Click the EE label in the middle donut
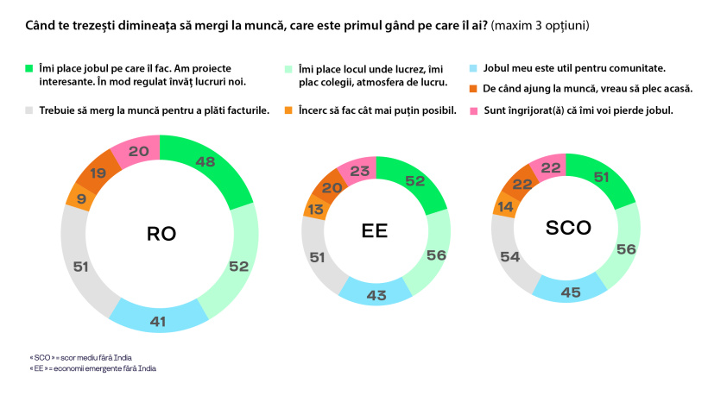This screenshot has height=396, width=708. [376, 232]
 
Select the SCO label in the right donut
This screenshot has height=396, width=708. [567, 229]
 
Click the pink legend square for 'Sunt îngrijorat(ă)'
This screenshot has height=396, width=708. [473, 110]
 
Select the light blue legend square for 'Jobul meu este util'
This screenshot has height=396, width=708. [473, 67]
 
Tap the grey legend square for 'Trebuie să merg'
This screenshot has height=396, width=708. [28, 110]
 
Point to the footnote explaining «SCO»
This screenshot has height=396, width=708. [87, 355]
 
